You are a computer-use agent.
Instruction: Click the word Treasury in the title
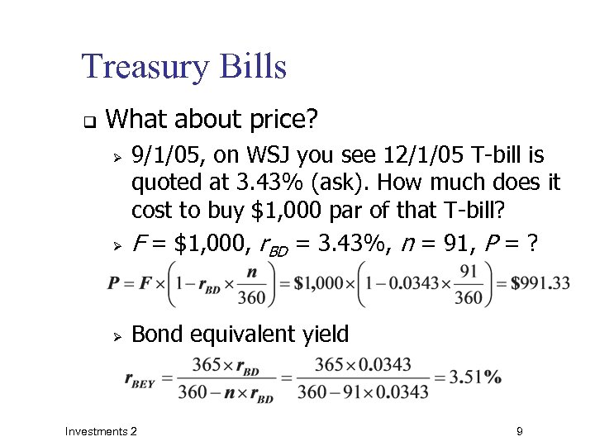[x=143, y=67]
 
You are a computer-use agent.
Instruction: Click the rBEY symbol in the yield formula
[x=140, y=379]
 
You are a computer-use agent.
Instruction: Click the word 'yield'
[x=322, y=334]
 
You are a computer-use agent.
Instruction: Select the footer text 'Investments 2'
[x=101, y=431]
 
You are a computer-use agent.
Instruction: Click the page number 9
[x=518, y=431]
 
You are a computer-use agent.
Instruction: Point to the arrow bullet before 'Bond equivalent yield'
[x=117, y=335]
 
